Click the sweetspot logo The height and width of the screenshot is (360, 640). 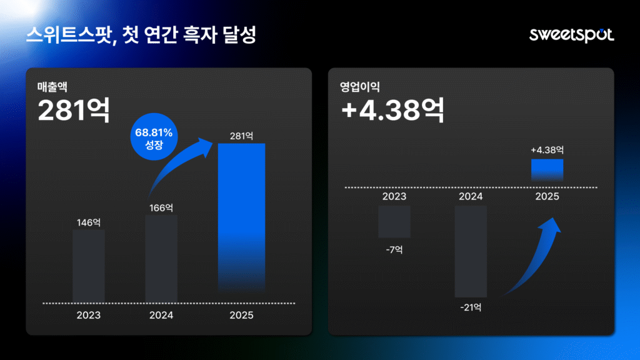click(x=571, y=34)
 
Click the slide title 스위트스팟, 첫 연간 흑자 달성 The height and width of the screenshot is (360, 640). click(x=141, y=34)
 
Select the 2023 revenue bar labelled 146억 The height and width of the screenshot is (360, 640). click(x=89, y=265)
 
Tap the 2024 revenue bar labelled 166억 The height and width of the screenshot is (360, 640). click(x=161, y=257)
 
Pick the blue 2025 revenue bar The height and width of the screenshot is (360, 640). click(x=241, y=216)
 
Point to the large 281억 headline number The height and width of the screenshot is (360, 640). click(x=74, y=111)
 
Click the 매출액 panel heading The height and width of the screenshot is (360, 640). click(x=52, y=86)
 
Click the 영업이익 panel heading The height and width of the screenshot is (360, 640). click(x=359, y=86)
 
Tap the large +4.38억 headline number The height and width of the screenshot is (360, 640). click(x=392, y=111)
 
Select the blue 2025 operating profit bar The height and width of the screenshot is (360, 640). click(x=547, y=169)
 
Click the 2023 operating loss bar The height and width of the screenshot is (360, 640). click(x=394, y=221)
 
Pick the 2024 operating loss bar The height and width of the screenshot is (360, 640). click(x=471, y=251)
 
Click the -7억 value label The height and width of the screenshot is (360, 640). click(x=394, y=249)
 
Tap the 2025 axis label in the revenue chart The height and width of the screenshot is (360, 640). click(x=241, y=315)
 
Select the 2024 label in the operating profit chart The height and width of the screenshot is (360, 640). click(x=471, y=196)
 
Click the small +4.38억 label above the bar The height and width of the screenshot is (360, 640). click(x=547, y=150)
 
